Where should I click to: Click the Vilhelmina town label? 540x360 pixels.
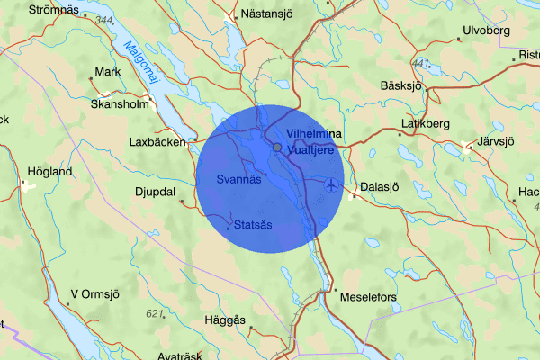[x=314, y=134]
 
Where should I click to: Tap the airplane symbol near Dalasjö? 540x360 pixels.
[x=332, y=185]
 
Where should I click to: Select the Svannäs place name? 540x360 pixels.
[x=239, y=179]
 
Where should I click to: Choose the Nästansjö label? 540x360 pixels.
[x=270, y=15]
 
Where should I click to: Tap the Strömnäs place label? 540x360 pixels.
[x=53, y=10]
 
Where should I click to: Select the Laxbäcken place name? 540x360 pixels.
[x=157, y=141]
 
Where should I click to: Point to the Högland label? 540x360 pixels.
[x=49, y=171]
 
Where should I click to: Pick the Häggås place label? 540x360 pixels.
[x=226, y=319]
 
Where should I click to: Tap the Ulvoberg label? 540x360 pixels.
[x=486, y=31]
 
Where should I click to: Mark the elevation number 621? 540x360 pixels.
[x=157, y=313]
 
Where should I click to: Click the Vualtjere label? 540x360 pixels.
[x=311, y=150]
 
